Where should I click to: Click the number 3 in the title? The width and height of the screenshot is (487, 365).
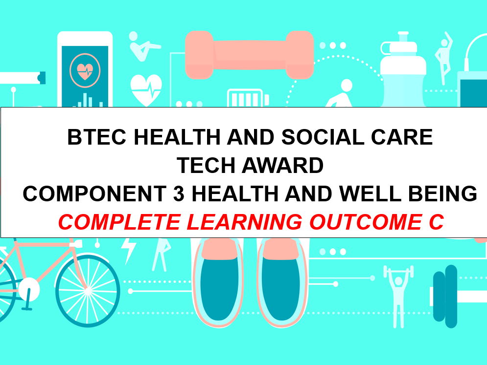tap(179, 194)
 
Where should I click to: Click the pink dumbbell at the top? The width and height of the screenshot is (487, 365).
tap(249, 54)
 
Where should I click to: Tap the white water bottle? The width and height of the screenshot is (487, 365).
tap(404, 73)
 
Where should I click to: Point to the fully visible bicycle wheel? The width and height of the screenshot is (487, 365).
tap(88, 289)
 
